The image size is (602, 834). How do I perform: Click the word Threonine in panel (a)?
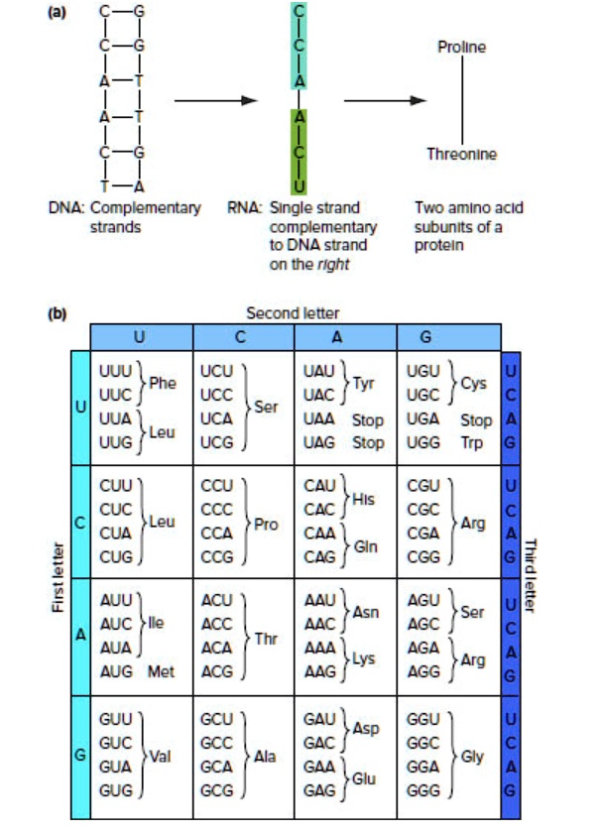[461, 154]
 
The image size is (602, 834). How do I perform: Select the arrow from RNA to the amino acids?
[378, 100]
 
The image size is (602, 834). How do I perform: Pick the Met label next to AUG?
[162, 671]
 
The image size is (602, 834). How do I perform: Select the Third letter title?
[530, 575]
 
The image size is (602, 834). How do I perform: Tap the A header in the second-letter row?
[345, 335]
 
